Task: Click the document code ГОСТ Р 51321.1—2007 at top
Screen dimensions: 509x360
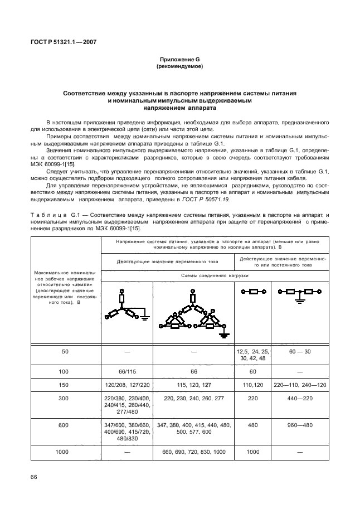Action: (x=60, y=41)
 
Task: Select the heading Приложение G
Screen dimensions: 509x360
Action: (x=179, y=59)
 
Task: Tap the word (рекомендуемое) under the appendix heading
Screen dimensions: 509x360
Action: (x=179, y=66)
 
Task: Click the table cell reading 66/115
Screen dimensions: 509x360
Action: (x=128, y=371)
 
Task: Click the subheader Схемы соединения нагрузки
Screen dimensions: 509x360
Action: (x=215, y=276)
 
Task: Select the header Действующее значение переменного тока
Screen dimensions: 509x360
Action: (x=167, y=261)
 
